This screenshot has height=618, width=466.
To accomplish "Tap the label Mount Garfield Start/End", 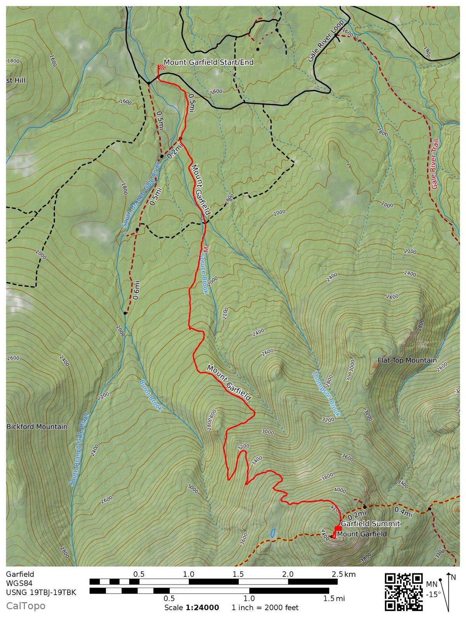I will click(209, 62).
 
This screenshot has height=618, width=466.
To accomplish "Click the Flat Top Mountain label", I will click(407, 360).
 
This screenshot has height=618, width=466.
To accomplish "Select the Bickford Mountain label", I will click(37, 426).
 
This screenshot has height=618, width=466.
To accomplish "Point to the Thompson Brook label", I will click(326, 394).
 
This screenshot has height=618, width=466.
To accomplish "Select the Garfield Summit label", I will click(370, 524).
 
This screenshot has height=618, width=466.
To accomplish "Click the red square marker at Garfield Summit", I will click(338, 528).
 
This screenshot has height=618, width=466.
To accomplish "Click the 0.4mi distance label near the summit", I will click(403, 512).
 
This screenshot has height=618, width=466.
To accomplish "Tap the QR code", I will click(403, 592).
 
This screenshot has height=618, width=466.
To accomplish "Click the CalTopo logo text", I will click(26, 606).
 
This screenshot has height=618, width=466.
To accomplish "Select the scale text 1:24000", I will click(202, 608).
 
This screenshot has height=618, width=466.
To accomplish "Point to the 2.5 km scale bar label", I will click(344, 574).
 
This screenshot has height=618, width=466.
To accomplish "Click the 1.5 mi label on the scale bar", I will click(334, 598).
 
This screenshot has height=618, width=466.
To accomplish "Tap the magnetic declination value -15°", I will click(433, 594).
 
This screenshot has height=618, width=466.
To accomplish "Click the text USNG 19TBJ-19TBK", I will click(41, 592).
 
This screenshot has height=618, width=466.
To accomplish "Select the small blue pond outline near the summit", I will click(273, 533).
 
